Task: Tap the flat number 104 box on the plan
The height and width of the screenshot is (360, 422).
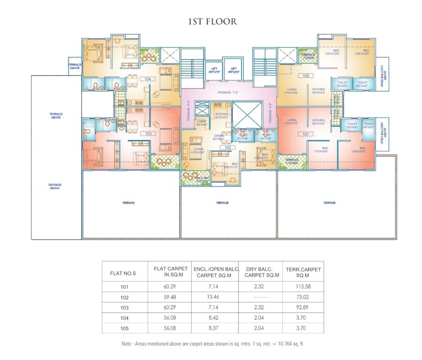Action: point(148,79)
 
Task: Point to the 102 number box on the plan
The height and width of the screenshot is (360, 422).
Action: point(228,148)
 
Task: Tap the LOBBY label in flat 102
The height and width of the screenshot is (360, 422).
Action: point(202,123)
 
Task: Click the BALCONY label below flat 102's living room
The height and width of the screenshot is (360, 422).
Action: point(203,179)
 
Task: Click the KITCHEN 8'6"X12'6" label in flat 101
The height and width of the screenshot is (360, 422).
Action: point(319,122)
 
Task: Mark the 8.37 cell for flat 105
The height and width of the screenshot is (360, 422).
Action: point(216,329)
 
